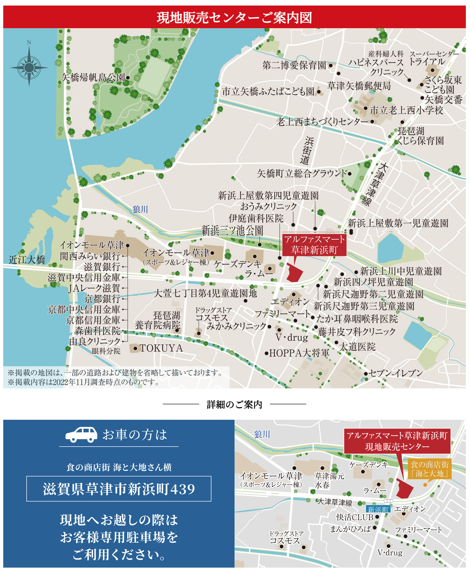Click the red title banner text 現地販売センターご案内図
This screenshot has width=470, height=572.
235,18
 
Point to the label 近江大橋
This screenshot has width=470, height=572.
27,260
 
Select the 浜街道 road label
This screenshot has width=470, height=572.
307,151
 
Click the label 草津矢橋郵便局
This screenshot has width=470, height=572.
359,86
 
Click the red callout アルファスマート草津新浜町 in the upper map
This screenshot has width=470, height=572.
314,244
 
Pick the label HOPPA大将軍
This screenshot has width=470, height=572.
299,353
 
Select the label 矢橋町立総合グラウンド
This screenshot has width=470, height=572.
302,173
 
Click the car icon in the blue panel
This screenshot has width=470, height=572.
81,435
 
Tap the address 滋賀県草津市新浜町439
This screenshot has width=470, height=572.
119,489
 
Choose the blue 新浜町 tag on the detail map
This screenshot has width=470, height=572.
378,510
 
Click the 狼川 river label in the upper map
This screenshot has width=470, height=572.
140,209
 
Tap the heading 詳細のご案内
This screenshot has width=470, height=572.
235,404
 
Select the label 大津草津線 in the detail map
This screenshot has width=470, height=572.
335,502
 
